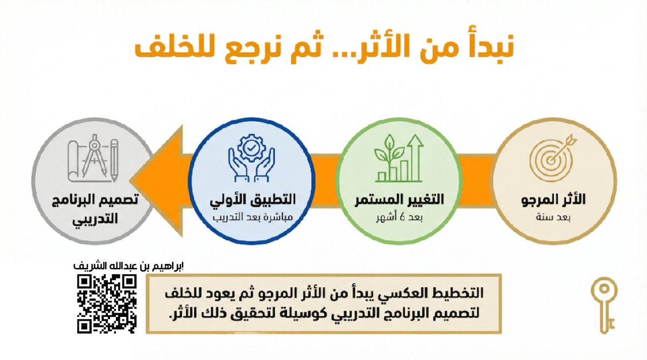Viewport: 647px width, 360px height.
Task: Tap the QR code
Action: [x=106, y=303]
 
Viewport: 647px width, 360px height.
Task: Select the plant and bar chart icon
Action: [x=398, y=158]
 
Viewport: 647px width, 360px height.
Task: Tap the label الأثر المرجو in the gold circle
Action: [x=554, y=201]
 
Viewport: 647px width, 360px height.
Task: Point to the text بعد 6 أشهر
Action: [x=399, y=218]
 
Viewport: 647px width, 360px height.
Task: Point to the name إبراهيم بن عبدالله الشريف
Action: [x=128, y=266]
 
